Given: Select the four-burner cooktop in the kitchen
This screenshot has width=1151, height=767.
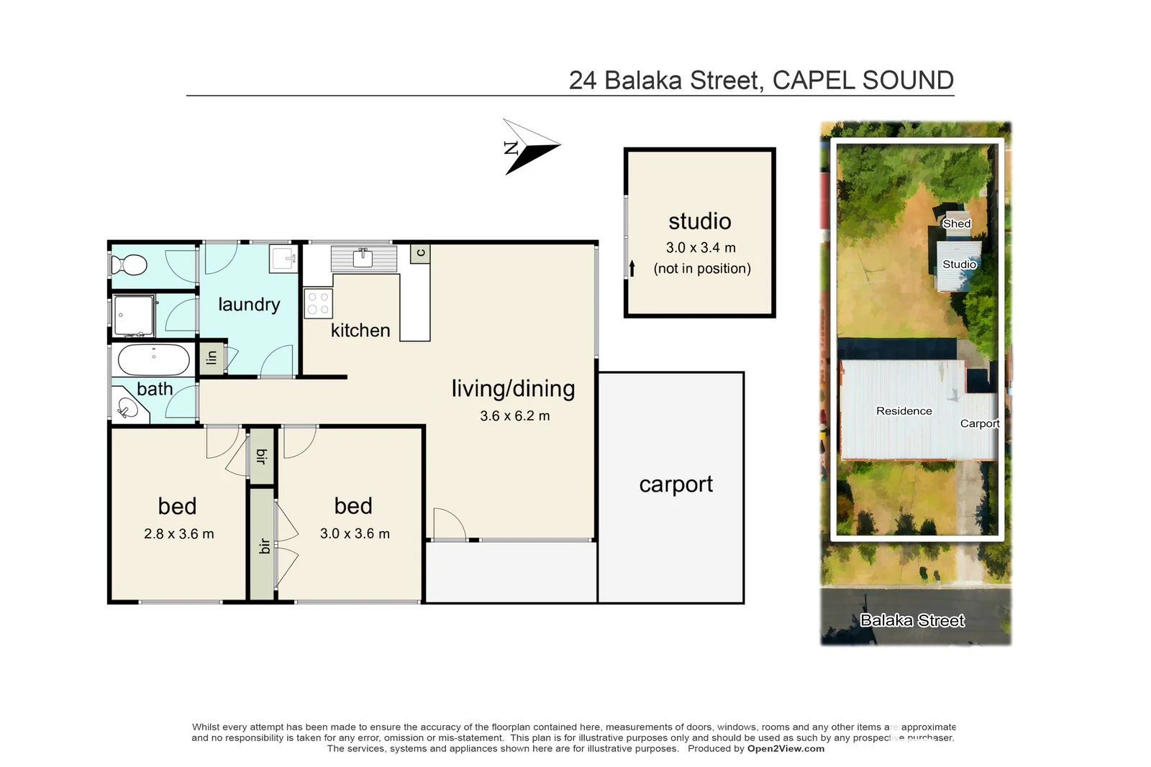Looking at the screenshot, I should coord(318,303).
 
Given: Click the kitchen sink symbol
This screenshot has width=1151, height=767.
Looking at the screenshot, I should coord(363,257).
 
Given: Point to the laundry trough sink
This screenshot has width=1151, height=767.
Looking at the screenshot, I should coord(283,258).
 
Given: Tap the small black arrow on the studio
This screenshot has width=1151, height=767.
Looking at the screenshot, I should coord(632,268).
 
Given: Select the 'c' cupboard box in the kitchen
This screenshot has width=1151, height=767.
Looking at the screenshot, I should coord(421,253).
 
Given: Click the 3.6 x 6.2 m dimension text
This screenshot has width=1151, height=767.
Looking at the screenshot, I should coord(514,416).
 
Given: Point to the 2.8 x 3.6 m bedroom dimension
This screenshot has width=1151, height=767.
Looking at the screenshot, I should coord(178,534).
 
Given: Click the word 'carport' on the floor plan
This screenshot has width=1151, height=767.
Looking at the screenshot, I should coord(675,484).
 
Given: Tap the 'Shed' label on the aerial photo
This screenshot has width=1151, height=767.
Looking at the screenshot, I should coord(957,224).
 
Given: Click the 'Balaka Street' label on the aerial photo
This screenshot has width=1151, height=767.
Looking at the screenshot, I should coord(912,620).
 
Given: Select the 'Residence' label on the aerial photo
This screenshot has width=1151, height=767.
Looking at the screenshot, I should coord(904,411).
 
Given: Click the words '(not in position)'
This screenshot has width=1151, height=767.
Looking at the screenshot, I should coord(701,269).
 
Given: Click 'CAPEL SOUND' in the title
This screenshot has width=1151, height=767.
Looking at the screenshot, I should coord(863,81).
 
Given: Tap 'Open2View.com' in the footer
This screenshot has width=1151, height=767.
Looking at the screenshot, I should coord(786,748).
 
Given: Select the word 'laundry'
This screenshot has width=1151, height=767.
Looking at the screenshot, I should coord(249,305).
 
